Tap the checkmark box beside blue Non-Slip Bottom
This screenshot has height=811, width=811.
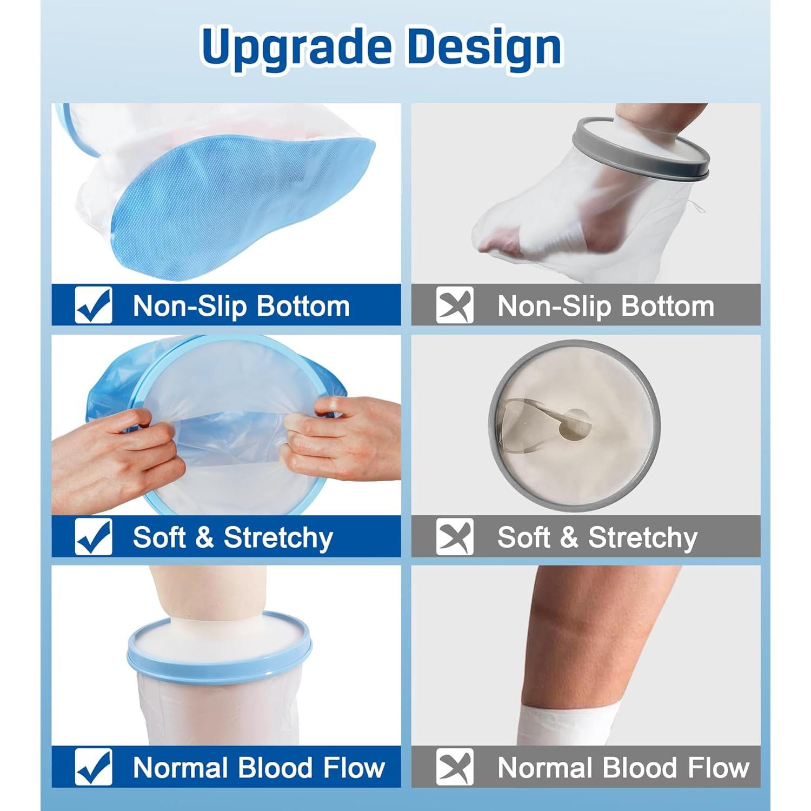[x=94, y=305]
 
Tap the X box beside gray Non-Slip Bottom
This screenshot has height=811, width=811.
[x=454, y=305]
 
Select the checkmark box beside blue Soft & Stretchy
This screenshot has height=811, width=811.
[x=94, y=536]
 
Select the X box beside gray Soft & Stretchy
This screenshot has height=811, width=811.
[x=454, y=536]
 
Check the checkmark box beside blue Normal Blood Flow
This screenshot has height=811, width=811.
[x=94, y=767]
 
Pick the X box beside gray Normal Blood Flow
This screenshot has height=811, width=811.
[x=454, y=767]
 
